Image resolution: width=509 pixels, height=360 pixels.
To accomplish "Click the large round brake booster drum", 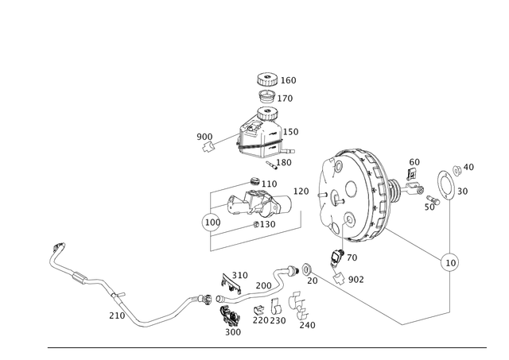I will (350, 195).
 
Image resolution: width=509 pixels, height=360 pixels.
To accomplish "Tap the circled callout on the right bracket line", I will (450, 260).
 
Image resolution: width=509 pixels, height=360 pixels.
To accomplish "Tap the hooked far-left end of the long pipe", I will (57, 247).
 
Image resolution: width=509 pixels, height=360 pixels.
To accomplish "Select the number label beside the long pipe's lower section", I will (113, 315).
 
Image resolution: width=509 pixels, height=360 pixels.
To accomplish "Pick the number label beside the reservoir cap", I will (291, 80).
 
